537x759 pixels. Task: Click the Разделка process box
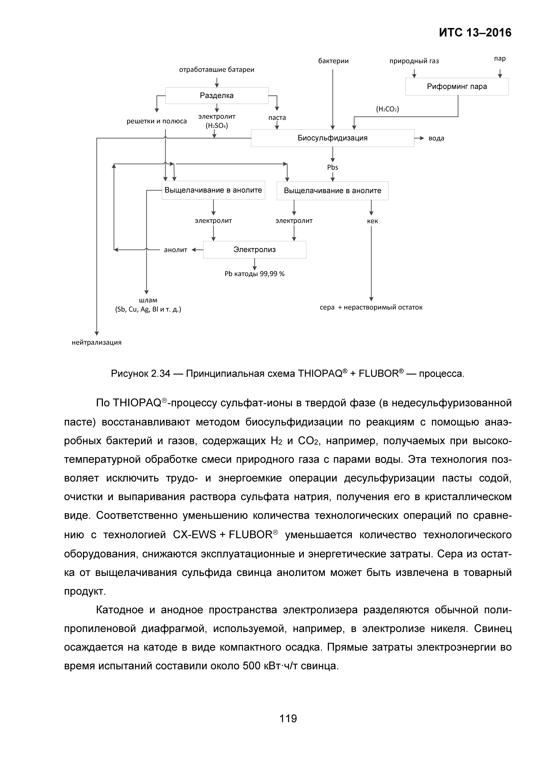[217, 96]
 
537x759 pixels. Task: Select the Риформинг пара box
[457, 87]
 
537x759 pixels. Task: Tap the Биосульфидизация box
[332, 138]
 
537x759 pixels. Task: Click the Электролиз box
[255, 250]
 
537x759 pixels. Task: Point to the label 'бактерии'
[333, 61]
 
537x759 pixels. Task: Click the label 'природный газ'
[414, 61]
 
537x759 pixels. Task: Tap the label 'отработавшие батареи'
[217, 70]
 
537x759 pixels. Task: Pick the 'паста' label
[277, 118]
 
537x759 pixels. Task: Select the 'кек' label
[372, 221]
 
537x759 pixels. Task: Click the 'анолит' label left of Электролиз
[175, 250]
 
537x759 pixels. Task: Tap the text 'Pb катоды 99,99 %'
[255, 274]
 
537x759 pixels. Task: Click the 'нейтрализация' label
[97, 343]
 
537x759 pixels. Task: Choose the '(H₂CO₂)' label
[388, 109]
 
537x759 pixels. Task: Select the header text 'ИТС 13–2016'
[475, 33]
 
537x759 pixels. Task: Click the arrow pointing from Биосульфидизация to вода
[420, 138]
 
